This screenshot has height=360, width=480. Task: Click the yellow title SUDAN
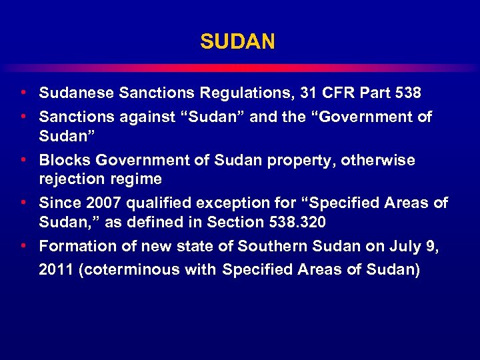pyautogui.click(x=237, y=42)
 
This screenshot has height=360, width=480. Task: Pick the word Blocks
pyautogui.click(x=65, y=161)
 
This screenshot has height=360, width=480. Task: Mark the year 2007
pyautogui.click(x=104, y=203)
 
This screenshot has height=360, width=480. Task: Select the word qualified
pyautogui.click(x=161, y=203)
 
